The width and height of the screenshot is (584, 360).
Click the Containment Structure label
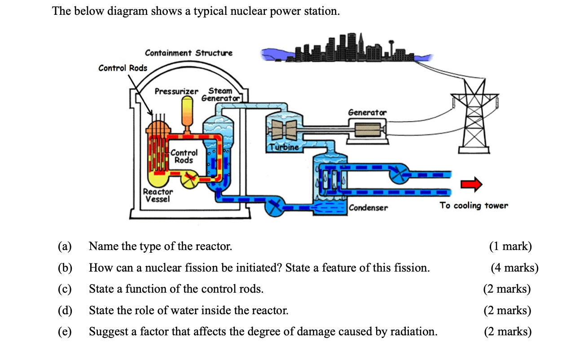pyautogui.click(x=189, y=53)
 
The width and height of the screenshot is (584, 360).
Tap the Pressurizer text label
pyautogui.click(x=176, y=92)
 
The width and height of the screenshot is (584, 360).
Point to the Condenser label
pyautogui.click(x=368, y=207)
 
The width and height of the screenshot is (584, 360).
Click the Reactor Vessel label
pyautogui.click(x=158, y=195)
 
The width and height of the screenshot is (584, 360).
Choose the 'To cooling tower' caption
pyautogui.click(x=474, y=206)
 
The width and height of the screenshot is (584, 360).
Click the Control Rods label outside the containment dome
pyautogui.click(x=123, y=68)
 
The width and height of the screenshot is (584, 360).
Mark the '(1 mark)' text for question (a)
pyautogui.click(x=510, y=246)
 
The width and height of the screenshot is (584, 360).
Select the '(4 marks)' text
pyautogui.click(x=514, y=268)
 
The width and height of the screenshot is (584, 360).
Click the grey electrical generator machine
pyautogui.click(x=367, y=130)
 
